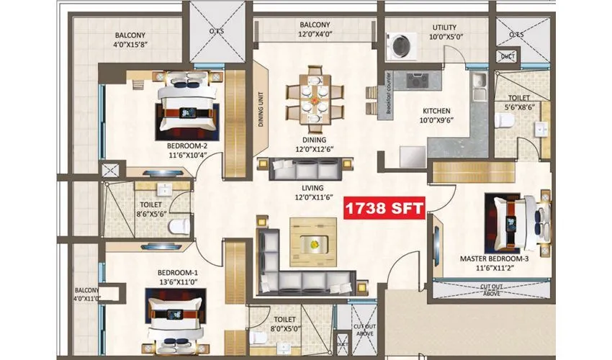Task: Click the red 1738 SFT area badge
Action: (x=384, y=209)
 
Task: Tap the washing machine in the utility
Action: (x=397, y=47)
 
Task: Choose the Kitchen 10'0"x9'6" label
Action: (x=436, y=116)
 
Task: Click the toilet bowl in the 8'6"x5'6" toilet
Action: (x=176, y=227)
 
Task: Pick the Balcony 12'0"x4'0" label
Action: (x=315, y=29)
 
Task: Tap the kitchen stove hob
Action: (x=417, y=81)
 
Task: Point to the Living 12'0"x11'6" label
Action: (x=315, y=191)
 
